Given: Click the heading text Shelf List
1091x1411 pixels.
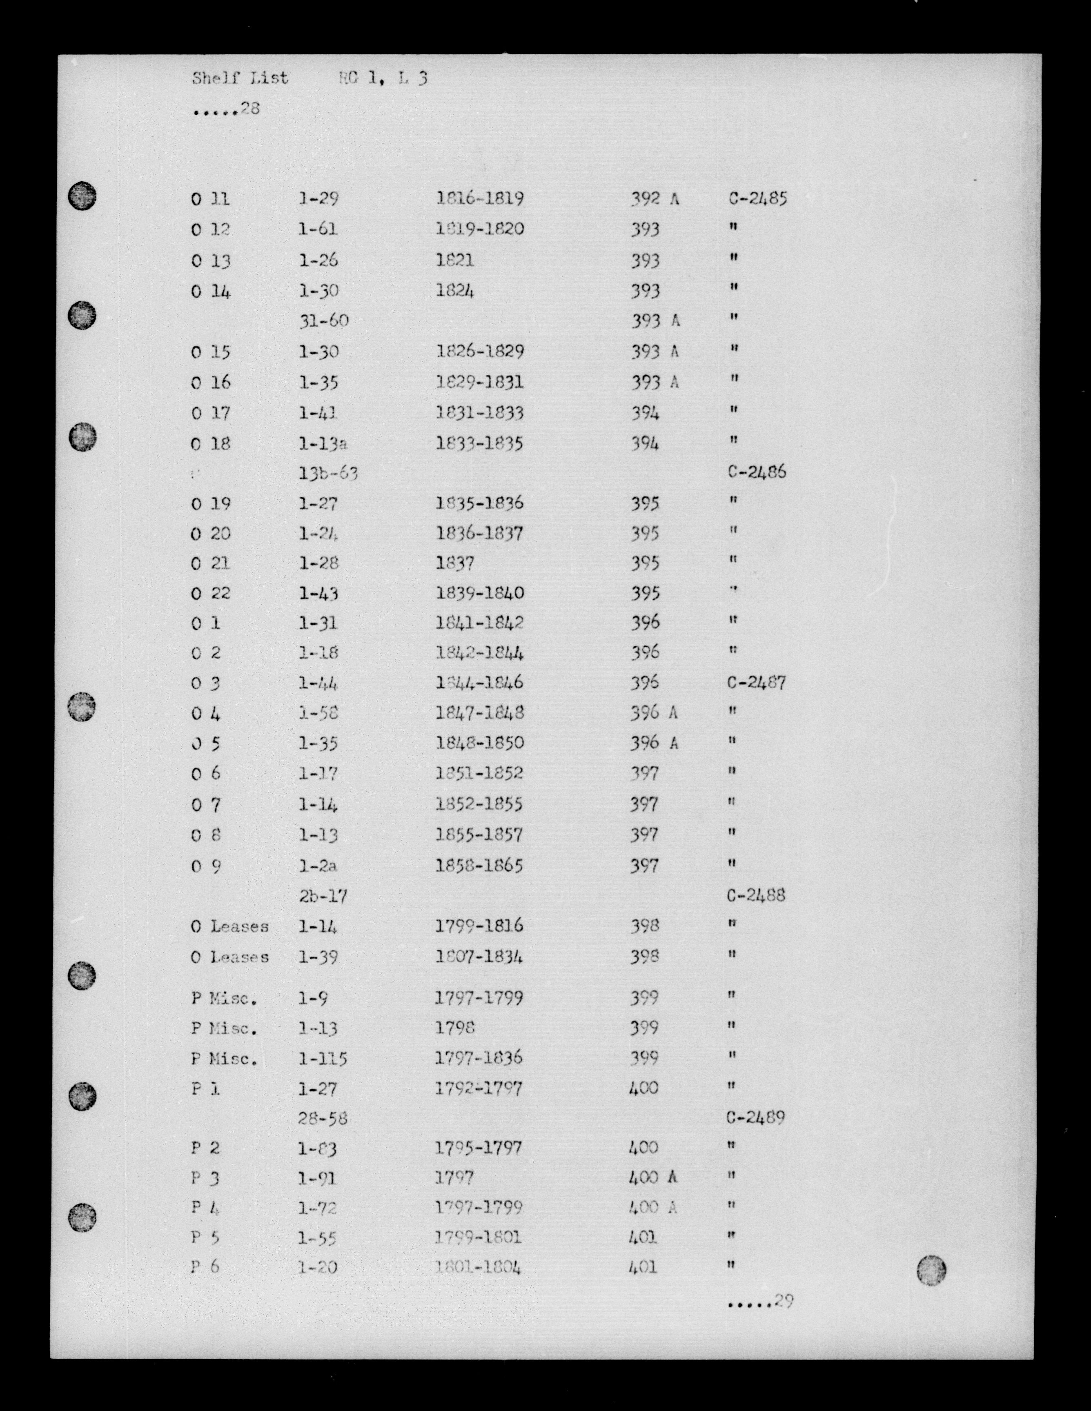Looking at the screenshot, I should click(240, 79).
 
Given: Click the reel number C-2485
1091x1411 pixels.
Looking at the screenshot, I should click(757, 198).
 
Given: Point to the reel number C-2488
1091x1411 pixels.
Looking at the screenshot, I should click(757, 895).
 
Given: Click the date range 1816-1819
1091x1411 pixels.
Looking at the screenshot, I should click(480, 198).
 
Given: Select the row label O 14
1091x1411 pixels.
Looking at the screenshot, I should click(211, 292).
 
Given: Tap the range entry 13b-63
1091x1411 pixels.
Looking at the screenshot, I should click(328, 474).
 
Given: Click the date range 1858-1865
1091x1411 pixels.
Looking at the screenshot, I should click(479, 866).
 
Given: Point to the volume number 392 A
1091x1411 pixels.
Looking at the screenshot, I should click(655, 199).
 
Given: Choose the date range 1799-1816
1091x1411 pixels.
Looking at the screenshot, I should click(479, 926).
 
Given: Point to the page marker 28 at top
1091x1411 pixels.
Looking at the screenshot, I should click(249, 109).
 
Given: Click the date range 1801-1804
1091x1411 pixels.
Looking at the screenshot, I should click(479, 1268).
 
